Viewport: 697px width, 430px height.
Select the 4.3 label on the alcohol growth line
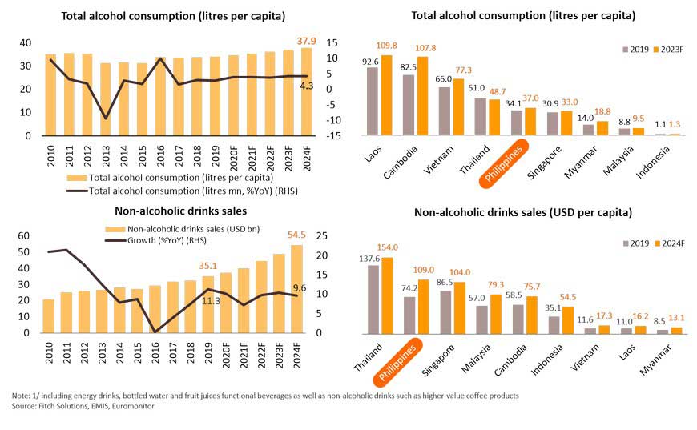[x=307, y=85]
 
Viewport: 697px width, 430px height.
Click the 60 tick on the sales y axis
[x=24, y=236]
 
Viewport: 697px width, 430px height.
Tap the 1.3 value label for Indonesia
[x=675, y=125]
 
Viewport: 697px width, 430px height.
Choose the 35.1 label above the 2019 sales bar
[x=209, y=267]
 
